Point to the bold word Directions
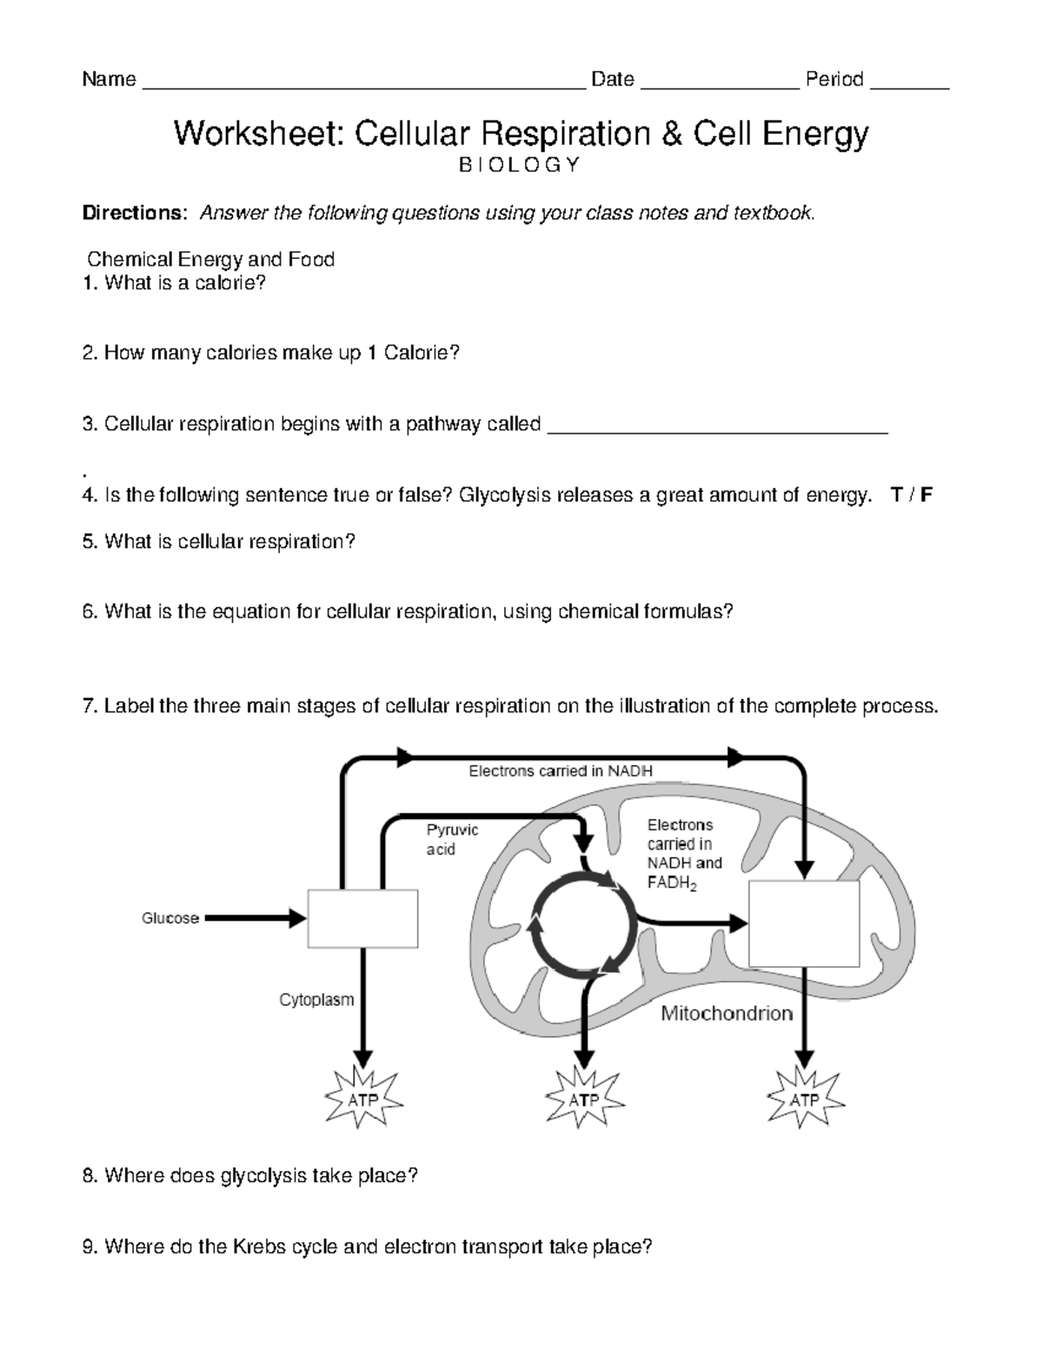coord(134,214)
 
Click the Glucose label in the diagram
coord(170,918)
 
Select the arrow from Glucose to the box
coord(255,918)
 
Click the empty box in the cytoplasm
coord(362,918)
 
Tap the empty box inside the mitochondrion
coord(804,922)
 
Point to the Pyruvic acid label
coord(451,839)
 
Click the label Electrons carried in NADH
coord(561,770)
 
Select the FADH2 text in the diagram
coord(672,883)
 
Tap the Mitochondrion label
coord(727,1014)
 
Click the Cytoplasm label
coord(316,1000)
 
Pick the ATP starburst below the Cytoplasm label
coord(363,1100)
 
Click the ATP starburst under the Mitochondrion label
coord(805,1100)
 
